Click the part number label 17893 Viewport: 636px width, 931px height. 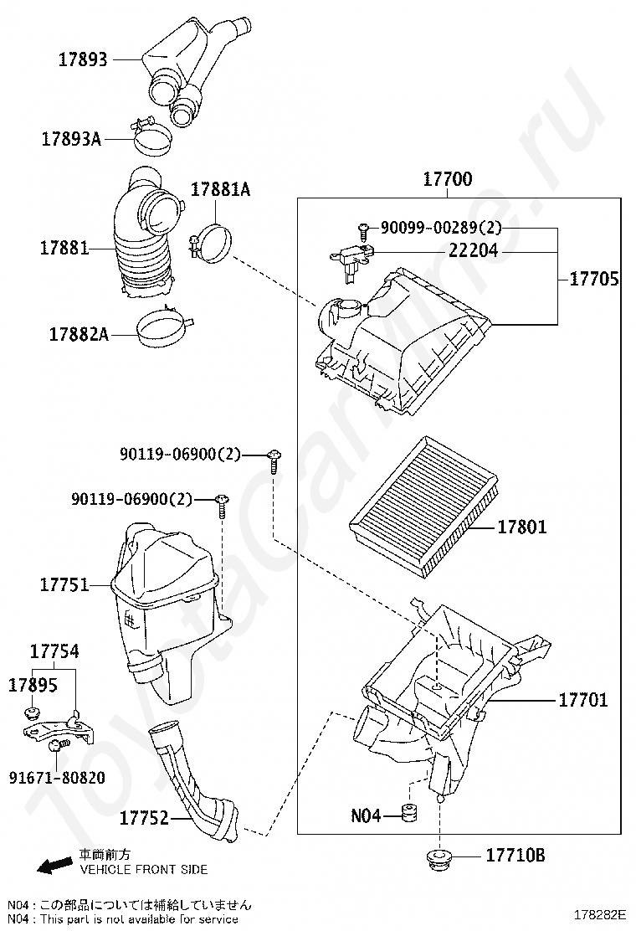click(x=83, y=59)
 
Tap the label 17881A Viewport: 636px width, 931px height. click(x=220, y=190)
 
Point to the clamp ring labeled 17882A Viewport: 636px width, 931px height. click(x=161, y=330)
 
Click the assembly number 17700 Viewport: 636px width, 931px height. click(x=447, y=179)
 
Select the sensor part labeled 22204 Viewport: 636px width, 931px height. click(x=346, y=258)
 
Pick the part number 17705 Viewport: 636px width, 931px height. click(x=594, y=280)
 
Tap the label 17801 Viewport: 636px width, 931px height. click(x=522, y=527)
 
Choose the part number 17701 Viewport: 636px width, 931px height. click(x=583, y=699)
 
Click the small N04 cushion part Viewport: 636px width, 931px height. click(x=410, y=814)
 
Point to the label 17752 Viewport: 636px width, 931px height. click(x=144, y=817)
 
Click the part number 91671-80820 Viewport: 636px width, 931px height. click(x=58, y=777)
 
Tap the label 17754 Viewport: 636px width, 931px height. click(x=54, y=651)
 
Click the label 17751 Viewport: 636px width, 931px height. click(x=64, y=584)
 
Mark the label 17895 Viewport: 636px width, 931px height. click(x=33, y=685)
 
